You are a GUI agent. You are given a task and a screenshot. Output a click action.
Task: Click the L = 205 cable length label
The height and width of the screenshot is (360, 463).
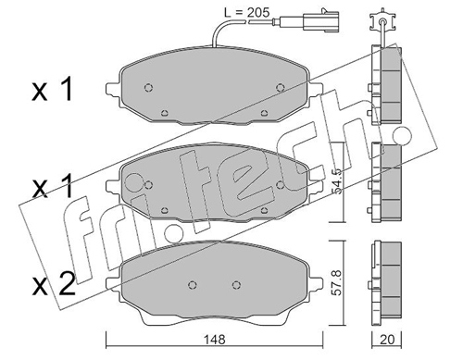pos(246,13)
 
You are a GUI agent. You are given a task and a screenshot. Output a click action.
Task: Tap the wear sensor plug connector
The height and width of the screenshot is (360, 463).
pos(321,20)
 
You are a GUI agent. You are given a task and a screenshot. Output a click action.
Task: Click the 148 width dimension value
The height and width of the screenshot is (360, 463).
pos(215,340)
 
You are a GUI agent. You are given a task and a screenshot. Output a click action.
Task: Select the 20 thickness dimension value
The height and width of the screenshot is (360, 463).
pos(387,340)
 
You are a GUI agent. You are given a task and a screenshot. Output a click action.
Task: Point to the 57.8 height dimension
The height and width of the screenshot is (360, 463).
pos(338,282)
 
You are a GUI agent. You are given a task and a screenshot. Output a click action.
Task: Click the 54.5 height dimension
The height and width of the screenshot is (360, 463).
pos(338,181)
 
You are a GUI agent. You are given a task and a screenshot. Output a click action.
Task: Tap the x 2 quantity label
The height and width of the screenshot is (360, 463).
pos(54,284)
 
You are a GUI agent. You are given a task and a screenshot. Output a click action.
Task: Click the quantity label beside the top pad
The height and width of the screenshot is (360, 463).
pos(52,90)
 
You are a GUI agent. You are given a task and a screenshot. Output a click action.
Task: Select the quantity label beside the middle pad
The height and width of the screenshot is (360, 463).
pos(52,186)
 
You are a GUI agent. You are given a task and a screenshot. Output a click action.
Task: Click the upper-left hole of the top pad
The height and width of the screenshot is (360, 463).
pos(148,88)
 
